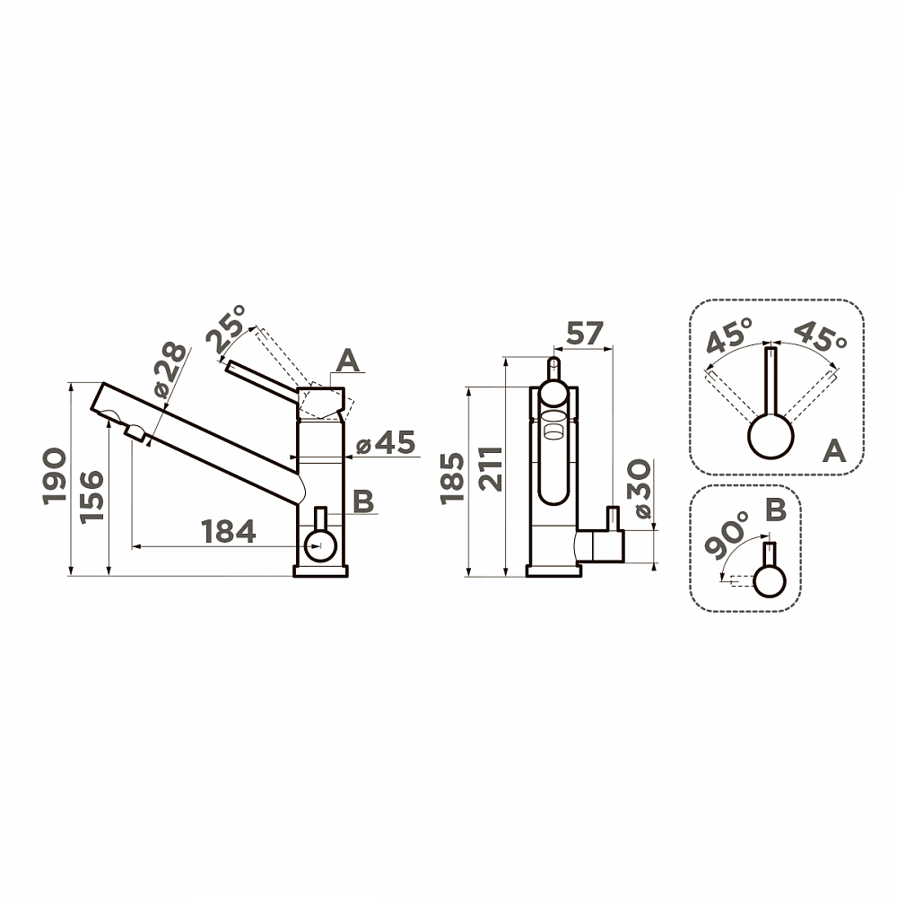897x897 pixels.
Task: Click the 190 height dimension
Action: click(55, 476)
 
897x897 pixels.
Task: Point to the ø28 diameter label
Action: click(170, 370)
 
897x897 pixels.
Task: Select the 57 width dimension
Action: click(584, 334)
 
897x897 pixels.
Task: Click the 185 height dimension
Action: click(452, 478)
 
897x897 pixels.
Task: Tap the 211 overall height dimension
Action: click(491, 468)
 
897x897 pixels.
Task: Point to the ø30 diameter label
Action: click(640, 488)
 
